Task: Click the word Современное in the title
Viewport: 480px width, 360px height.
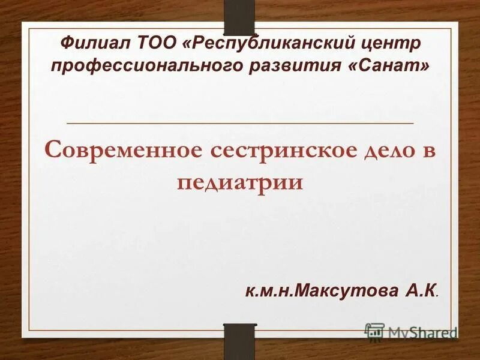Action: point(124,150)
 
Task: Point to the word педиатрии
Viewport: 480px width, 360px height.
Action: point(240,181)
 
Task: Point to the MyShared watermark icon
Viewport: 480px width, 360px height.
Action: point(375,332)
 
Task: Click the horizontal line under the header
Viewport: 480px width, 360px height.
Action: point(240,122)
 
